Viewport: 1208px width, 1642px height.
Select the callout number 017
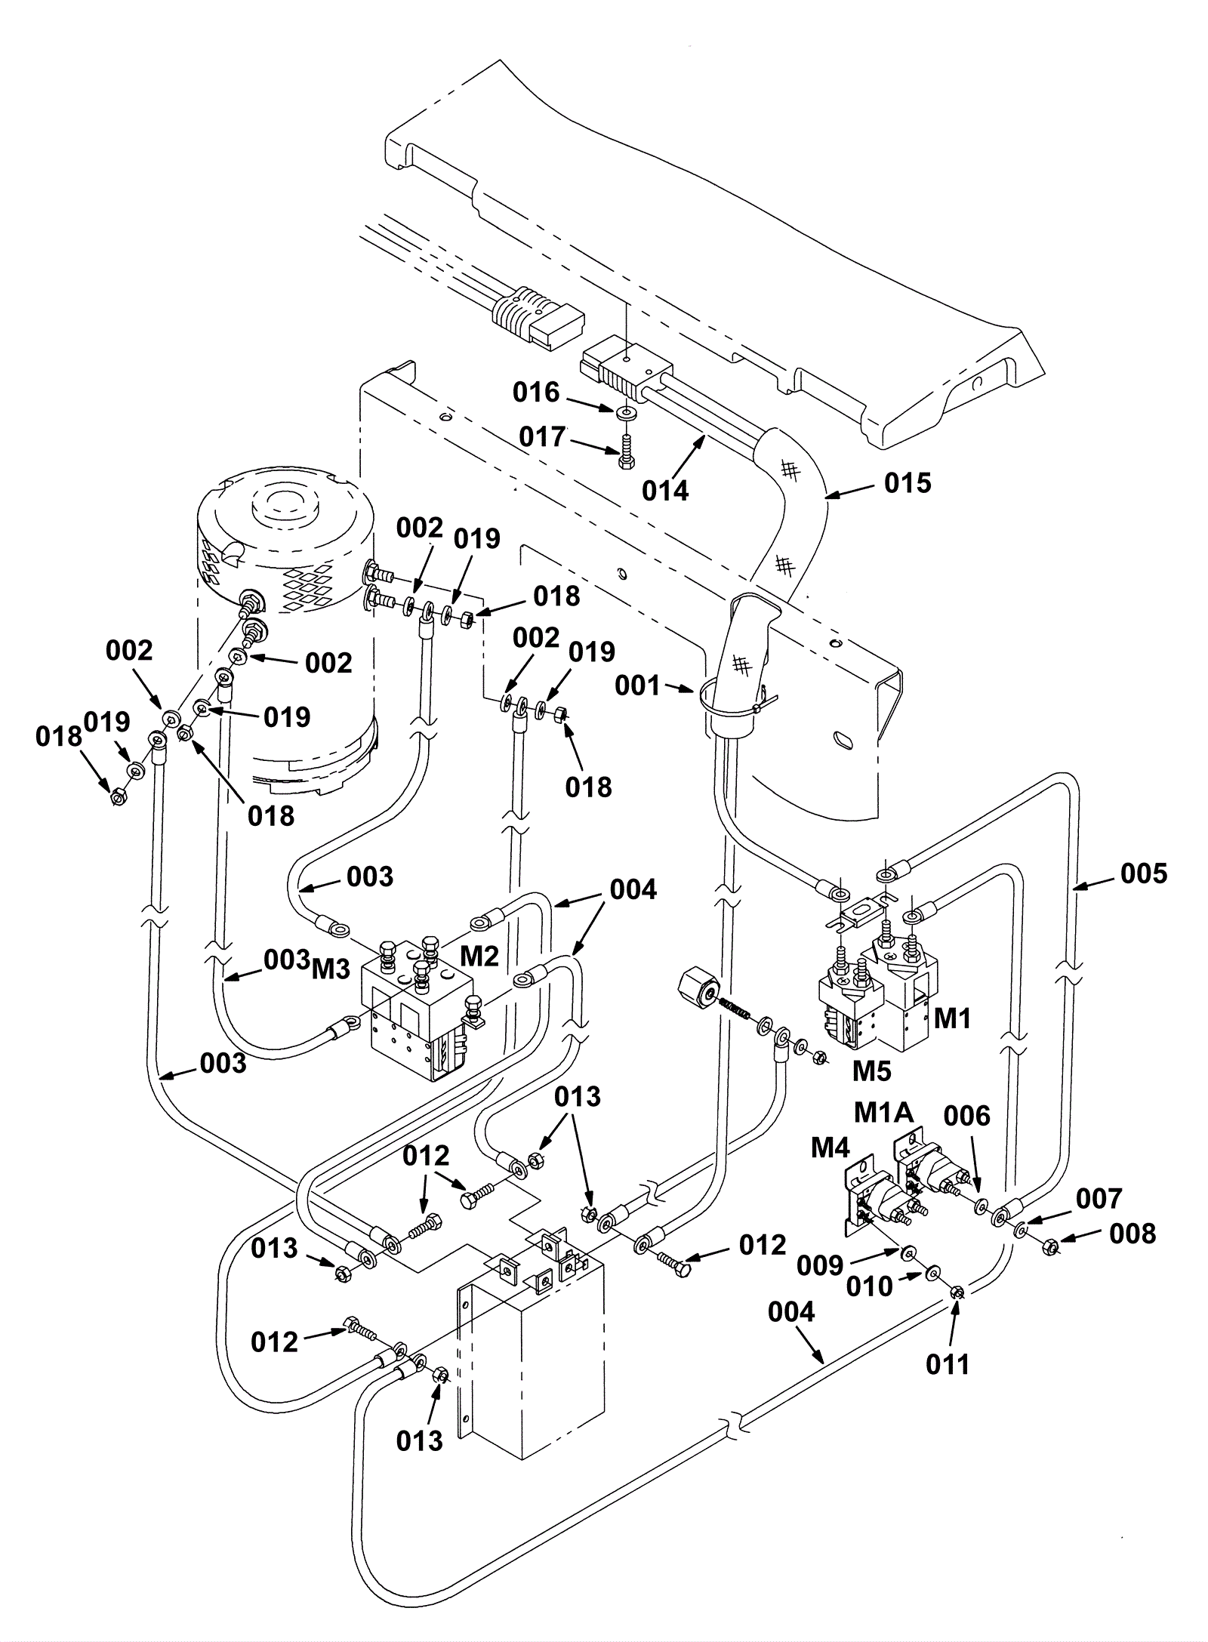tap(542, 437)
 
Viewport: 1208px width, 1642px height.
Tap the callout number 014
tap(665, 491)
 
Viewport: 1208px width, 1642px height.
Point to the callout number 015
tap(908, 483)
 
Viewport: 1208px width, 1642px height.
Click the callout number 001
tap(637, 686)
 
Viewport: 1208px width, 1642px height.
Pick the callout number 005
tap(1144, 873)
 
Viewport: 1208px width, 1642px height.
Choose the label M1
tap(952, 1019)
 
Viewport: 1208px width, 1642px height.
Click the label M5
tap(872, 1071)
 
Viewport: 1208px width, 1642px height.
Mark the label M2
tap(480, 957)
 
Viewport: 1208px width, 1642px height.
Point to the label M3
tap(331, 969)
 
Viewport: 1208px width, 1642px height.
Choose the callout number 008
tap(1132, 1234)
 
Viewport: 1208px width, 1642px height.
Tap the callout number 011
tap(948, 1364)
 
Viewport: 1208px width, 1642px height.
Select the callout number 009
tap(820, 1266)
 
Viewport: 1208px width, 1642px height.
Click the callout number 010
tap(870, 1286)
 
